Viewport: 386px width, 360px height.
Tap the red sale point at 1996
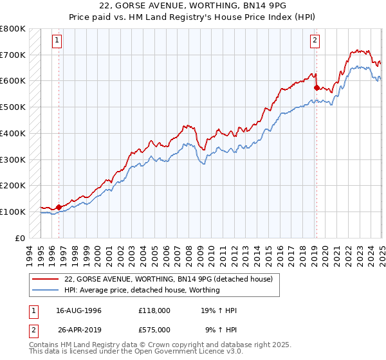click(x=59, y=207)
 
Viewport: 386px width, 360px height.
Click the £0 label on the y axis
click(x=19, y=238)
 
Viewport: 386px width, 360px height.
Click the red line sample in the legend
click(x=46, y=279)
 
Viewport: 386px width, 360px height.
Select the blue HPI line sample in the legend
click(x=46, y=290)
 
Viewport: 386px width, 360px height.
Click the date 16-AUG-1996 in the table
click(x=79, y=310)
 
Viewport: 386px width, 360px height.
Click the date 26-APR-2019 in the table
click(x=79, y=330)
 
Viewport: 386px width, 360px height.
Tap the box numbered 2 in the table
click(x=33, y=330)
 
